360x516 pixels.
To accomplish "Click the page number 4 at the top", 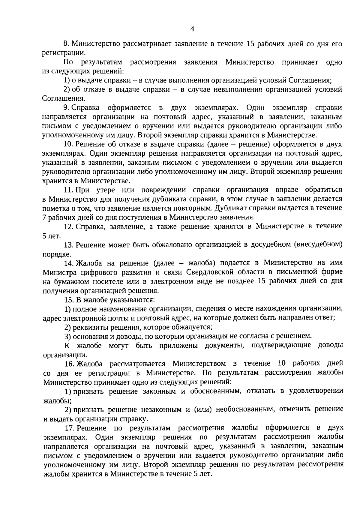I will point(192,29).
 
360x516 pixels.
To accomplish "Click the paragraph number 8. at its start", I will point(66,44).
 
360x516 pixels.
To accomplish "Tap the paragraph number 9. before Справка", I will point(66,107).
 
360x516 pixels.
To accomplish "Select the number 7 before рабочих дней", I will point(45,217).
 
